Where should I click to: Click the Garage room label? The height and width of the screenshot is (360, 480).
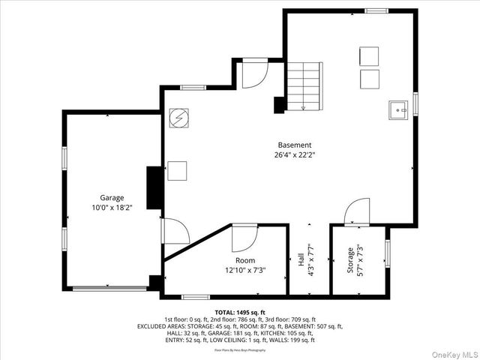[112, 198]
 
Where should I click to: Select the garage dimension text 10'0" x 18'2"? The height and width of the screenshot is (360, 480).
[112, 207]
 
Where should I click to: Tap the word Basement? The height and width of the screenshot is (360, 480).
[295, 145]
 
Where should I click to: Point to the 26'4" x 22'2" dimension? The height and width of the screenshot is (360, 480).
[295, 155]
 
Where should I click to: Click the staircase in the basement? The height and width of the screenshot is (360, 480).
[304, 85]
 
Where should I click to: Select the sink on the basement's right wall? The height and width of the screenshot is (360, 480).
[397, 109]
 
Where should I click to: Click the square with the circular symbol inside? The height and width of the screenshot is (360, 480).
[178, 118]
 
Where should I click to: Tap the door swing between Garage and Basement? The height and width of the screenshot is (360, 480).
[175, 231]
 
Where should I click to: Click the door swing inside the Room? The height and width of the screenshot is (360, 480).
[244, 238]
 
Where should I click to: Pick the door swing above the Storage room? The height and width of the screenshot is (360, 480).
[357, 212]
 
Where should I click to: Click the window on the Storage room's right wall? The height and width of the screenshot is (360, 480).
[387, 251]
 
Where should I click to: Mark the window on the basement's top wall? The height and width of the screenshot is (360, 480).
[376, 11]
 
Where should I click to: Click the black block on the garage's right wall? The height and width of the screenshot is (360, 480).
[154, 187]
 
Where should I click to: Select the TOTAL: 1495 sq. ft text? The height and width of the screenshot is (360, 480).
[240, 312]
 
